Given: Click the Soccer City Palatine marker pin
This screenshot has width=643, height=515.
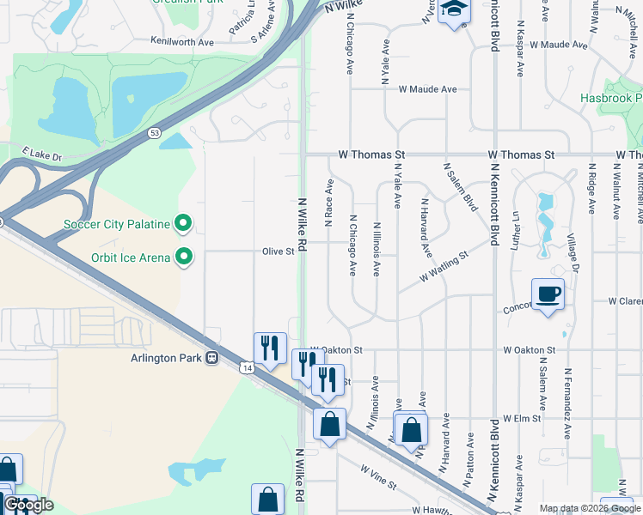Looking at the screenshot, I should [183, 225].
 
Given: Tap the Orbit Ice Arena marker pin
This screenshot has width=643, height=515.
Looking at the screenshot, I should [183, 256].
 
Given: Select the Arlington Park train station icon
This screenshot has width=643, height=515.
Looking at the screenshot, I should [211, 359].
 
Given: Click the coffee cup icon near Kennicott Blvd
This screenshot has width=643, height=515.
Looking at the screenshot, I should [548, 294].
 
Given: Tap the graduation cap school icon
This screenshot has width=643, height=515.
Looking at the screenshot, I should [453, 10].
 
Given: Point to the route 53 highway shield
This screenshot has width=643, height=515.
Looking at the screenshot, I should [154, 133].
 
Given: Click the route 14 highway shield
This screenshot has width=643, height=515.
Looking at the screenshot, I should [247, 367].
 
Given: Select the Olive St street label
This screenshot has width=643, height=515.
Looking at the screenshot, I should [279, 252].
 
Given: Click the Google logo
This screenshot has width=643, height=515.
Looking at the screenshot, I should [29, 505].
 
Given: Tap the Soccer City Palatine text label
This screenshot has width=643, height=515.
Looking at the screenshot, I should [118, 226].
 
